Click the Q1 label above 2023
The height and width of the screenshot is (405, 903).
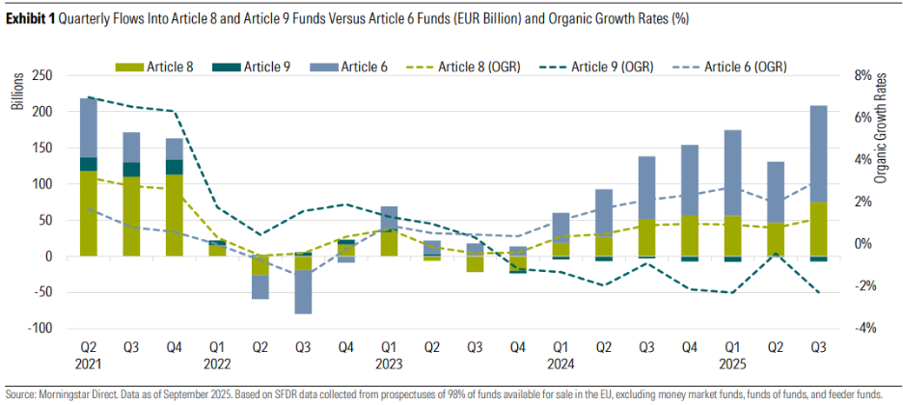tap(387, 345)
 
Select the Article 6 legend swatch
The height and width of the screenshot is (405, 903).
tap(324, 67)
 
